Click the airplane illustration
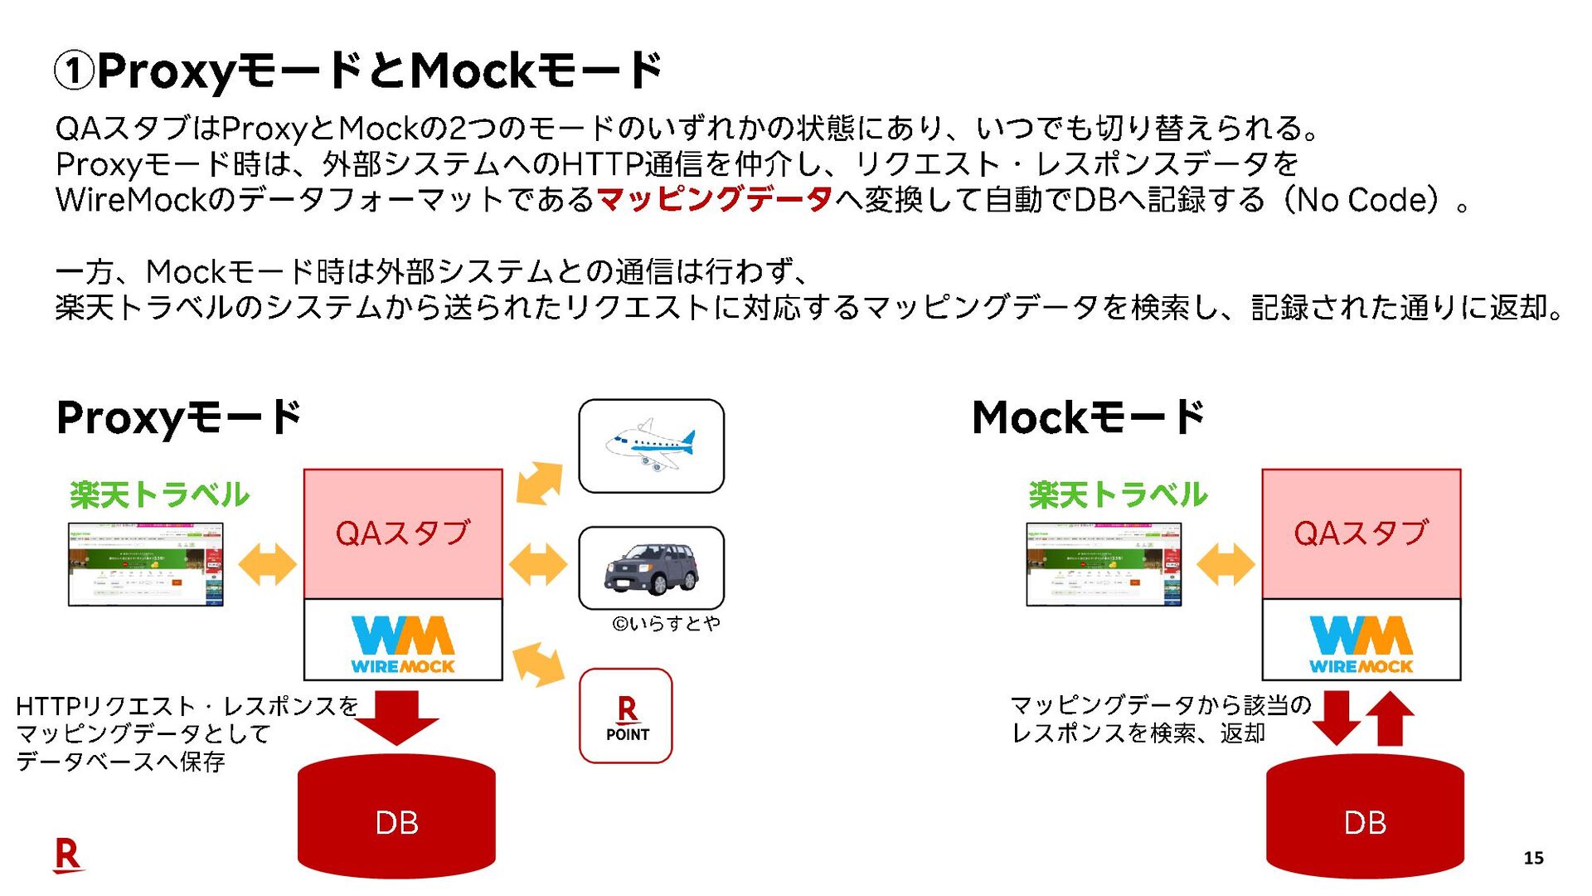pos(651,446)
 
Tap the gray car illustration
pos(651,567)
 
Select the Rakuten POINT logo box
pos(626,716)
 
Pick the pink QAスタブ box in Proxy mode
pos(403,533)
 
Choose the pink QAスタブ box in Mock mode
pos(1361,533)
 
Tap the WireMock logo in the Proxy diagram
pos(403,643)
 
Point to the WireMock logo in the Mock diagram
pos(1361,643)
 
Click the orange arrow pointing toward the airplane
pos(539,483)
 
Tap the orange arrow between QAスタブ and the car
pos(538,564)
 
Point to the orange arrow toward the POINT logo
pos(539,664)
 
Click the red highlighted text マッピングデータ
pos(714,200)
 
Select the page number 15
pos(1533,858)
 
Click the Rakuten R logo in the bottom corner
pos(68,855)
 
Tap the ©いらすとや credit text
pos(666,623)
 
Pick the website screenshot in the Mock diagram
pos(1104,564)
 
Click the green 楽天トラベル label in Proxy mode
pos(159,495)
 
